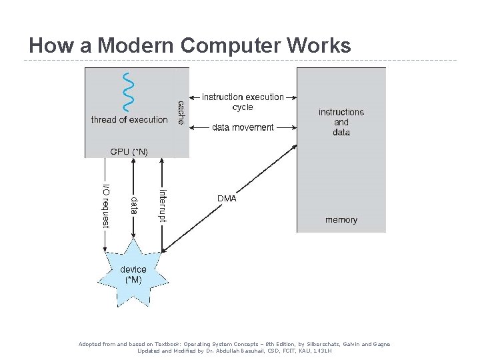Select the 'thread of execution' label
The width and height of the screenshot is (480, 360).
point(129,120)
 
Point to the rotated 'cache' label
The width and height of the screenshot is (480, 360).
point(181,113)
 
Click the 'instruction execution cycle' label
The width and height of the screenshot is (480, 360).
point(243,102)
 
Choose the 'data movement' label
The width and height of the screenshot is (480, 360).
point(243,127)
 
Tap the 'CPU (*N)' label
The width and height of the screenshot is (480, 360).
point(129,152)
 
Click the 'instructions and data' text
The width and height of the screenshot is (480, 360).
point(341,122)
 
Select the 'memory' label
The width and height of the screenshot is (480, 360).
point(341,220)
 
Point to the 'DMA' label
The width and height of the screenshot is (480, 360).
point(227,198)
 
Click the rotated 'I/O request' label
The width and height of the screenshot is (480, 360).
point(105,205)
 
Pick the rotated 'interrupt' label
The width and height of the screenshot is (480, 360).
point(163,205)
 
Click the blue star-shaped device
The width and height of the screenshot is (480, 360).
point(133,274)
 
